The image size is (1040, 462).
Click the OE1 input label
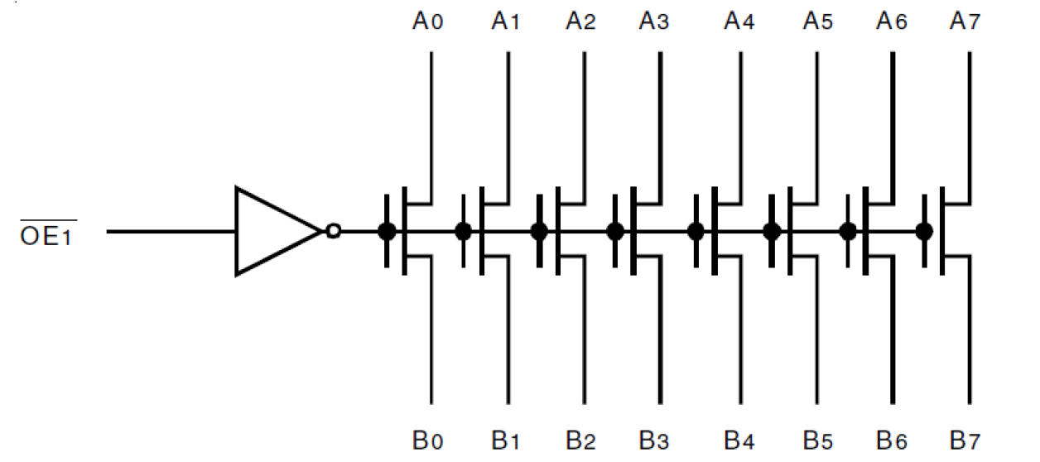click(x=48, y=233)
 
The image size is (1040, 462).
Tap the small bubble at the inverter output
click(x=333, y=231)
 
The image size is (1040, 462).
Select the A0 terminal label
click(x=428, y=22)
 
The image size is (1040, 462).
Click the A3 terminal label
click(x=654, y=22)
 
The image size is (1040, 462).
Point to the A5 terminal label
click(x=817, y=22)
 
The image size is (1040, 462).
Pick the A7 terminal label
click(x=965, y=22)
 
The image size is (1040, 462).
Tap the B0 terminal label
click(x=428, y=440)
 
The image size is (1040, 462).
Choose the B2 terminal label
click(x=580, y=440)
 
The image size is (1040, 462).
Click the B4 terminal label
click(x=739, y=440)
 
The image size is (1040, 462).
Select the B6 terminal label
click(x=892, y=440)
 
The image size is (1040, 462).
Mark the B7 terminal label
click(x=965, y=440)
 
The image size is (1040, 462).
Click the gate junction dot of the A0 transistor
click(x=387, y=231)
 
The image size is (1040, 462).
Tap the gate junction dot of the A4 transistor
click(x=696, y=231)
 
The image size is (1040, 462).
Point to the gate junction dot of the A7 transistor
click(x=924, y=231)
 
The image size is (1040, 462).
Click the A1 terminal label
click(x=505, y=22)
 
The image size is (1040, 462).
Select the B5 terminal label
click(x=817, y=440)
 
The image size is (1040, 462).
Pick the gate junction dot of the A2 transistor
click(x=539, y=231)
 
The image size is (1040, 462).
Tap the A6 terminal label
click(x=892, y=22)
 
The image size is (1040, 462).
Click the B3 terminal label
click(x=654, y=440)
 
